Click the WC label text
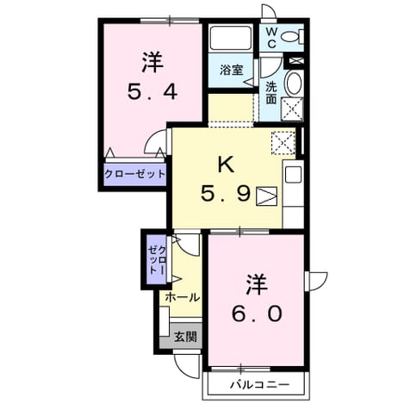point(271,37)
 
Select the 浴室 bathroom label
point(232,70)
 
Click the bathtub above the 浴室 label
point(231,38)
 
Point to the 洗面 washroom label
point(270,92)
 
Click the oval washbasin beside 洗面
point(293,84)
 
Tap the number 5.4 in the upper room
point(152,91)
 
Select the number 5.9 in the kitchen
point(227,193)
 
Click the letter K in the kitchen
point(227,165)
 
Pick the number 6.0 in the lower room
point(257,314)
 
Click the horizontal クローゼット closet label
point(135,174)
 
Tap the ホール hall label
point(183,297)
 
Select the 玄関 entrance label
point(186,336)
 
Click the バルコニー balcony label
point(260,384)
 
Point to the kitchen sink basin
point(293,175)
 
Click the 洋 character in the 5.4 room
point(152,62)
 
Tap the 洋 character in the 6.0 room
point(257,284)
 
